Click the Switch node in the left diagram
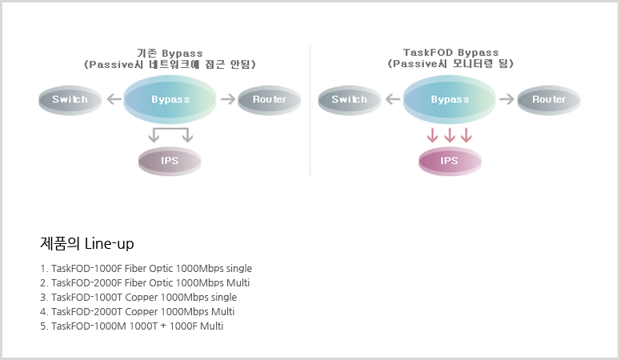pyautogui.click(x=70, y=100)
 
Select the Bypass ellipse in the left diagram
pyautogui.click(x=170, y=100)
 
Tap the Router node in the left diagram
pyautogui.click(x=270, y=100)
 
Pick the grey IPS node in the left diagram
pyautogui.click(x=170, y=162)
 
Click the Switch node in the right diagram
pyautogui.click(x=350, y=100)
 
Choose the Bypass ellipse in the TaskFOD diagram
pyautogui.click(x=449, y=100)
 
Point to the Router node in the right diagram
pyautogui.click(x=549, y=100)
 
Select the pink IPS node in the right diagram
pyautogui.click(x=450, y=162)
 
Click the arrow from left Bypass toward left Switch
pyautogui.click(x=114, y=99)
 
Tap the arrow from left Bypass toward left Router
pyautogui.click(x=228, y=99)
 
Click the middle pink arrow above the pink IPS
pyautogui.click(x=450, y=135)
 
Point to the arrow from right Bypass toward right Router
pyautogui.click(x=507, y=99)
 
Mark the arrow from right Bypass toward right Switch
pyautogui.click(x=393, y=99)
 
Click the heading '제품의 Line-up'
pyautogui.click(x=87, y=244)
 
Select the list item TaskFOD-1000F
pyautogui.click(x=146, y=269)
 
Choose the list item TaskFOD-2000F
pyautogui.click(x=145, y=283)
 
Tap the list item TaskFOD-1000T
pyautogui.click(x=138, y=297)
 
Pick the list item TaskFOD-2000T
pyautogui.click(x=138, y=312)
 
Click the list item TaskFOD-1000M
pyautogui.click(x=132, y=326)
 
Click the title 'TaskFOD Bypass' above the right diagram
pyautogui.click(x=450, y=53)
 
